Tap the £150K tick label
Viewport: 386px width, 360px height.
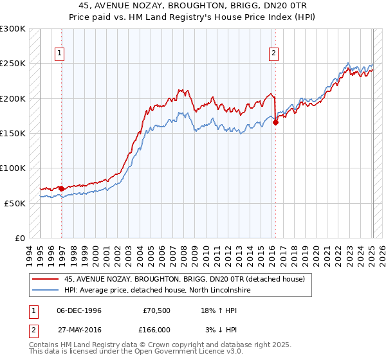click(13, 133)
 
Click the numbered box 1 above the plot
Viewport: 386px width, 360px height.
click(59, 53)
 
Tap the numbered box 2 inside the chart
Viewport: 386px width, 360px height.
click(274, 53)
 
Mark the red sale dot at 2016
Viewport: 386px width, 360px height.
click(275, 122)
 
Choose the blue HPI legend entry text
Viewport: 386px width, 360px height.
click(157, 291)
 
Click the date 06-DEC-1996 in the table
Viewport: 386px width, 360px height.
click(79, 310)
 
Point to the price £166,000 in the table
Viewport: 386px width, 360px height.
click(157, 329)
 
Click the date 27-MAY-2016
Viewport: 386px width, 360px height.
click(79, 329)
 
